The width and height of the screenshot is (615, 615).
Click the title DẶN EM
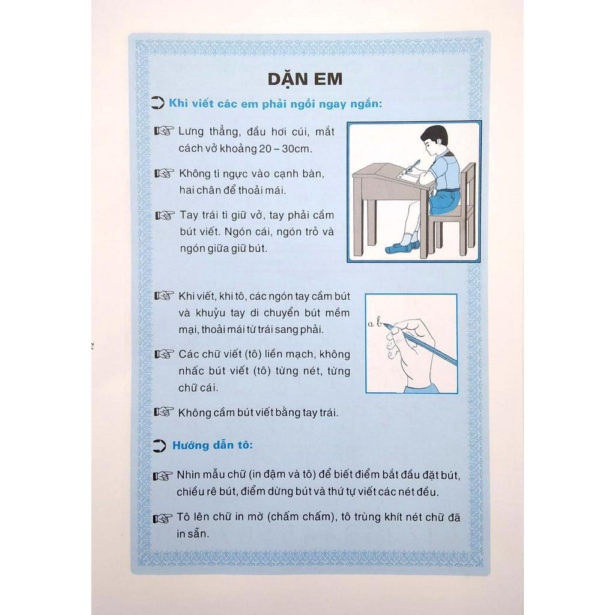tap(305, 80)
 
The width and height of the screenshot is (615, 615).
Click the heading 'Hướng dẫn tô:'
tap(213, 446)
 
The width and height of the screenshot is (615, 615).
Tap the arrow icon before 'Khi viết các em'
tap(157, 103)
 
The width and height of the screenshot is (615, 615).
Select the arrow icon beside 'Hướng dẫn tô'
tap(159, 446)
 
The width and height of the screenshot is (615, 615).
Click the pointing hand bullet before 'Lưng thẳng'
tap(165, 131)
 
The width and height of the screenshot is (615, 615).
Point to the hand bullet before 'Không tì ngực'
tap(165, 174)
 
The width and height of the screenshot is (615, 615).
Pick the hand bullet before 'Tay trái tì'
tap(165, 216)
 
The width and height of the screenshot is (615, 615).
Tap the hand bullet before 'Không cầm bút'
tap(164, 412)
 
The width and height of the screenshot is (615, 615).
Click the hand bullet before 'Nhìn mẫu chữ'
tap(163, 476)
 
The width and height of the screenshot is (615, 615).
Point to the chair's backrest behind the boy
tap(468, 184)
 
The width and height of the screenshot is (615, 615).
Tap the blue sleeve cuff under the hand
tap(422, 389)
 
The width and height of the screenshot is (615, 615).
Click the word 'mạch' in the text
tap(302, 354)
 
